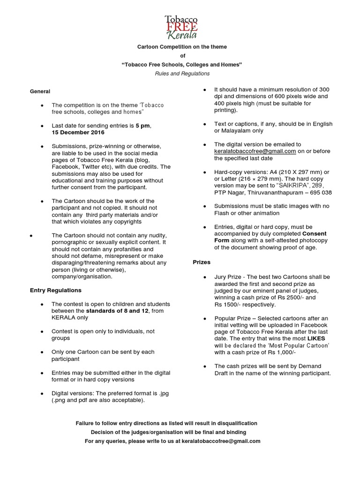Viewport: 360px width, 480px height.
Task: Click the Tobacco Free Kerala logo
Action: [181, 27]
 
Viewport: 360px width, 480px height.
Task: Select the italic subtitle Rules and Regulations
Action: [182, 74]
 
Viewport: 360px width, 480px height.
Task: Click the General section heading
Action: [40, 91]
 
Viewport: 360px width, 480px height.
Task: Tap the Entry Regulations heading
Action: [55, 290]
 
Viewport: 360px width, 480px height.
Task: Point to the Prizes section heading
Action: [202, 262]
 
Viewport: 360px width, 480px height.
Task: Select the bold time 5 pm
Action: [143, 126]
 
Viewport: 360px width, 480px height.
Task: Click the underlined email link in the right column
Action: [255, 151]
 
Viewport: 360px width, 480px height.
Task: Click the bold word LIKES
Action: [316, 338]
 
